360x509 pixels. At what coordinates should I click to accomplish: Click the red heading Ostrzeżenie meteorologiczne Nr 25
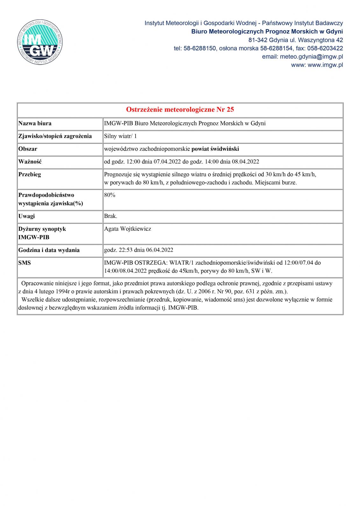pyautogui.click(x=180, y=110)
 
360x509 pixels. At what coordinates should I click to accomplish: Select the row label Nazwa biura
pyautogui.click(x=35, y=123)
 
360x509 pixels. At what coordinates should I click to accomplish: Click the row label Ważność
pyautogui.click(x=30, y=162)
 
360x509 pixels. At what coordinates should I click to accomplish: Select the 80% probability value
pyautogui.click(x=110, y=195)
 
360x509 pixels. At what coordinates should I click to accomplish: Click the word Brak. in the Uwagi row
pyautogui.click(x=111, y=216)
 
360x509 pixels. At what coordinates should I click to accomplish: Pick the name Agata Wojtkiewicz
pyautogui.click(x=128, y=229)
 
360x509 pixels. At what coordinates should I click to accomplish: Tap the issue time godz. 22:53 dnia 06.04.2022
pyautogui.click(x=139, y=250)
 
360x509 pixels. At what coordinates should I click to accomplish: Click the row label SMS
pyautogui.click(x=25, y=263)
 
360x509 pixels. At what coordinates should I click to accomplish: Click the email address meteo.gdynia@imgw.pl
pyautogui.click(x=311, y=57)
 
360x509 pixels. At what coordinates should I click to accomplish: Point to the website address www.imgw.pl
pyautogui.click(x=325, y=65)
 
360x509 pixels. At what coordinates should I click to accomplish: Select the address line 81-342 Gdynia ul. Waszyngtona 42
pyautogui.click(x=295, y=40)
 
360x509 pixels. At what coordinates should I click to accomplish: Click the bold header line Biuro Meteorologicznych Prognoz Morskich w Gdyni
pyautogui.click(x=267, y=31)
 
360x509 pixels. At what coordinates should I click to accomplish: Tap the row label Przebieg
pyautogui.click(x=30, y=175)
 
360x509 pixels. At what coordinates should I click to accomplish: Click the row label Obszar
pyautogui.click(x=28, y=149)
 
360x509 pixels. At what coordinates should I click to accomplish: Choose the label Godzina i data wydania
pyautogui.click(x=49, y=250)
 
